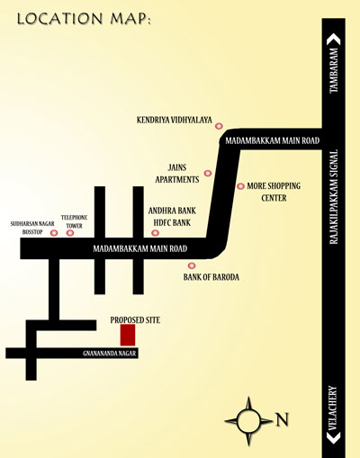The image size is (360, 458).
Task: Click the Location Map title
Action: coord(84,19)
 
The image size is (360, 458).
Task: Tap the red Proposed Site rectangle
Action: coord(128,335)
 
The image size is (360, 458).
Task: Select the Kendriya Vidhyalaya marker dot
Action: coord(219,126)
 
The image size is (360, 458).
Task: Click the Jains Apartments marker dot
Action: coord(208,173)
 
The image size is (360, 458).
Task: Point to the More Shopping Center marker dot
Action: coord(240,186)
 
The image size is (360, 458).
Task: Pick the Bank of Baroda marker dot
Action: coord(192,265)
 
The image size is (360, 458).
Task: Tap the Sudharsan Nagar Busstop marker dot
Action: coord(54,233)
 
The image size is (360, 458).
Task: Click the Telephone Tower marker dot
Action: coord(70,233)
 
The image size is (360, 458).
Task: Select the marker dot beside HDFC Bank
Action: coord(155,233)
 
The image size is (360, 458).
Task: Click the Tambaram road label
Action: coord(334,70)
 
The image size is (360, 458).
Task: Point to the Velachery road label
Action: coord(334,409)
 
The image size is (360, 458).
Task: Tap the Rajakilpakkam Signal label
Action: coord(334,197)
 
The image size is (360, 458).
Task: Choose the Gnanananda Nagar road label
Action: coord(110,354)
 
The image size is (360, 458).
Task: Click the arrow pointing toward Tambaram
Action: coord(334,40)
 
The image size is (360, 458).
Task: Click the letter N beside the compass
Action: coord(282,419)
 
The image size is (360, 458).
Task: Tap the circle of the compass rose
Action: coord(248,421)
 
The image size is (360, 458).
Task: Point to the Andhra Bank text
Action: coord(172,211)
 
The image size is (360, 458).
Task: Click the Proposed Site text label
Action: coord(135,320)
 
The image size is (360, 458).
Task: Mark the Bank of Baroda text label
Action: coord(211,277)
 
